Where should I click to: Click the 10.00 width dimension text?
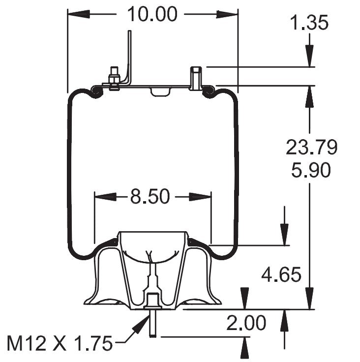click(x=152, y=14)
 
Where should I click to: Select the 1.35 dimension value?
click(x=309, y=23)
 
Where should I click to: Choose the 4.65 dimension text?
click(x=281, y=274)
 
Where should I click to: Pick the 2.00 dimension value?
click(x=246, y=323)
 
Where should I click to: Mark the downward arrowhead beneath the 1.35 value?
click(x=309, y=57)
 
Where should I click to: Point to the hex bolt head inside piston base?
click(x=152, y=299)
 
